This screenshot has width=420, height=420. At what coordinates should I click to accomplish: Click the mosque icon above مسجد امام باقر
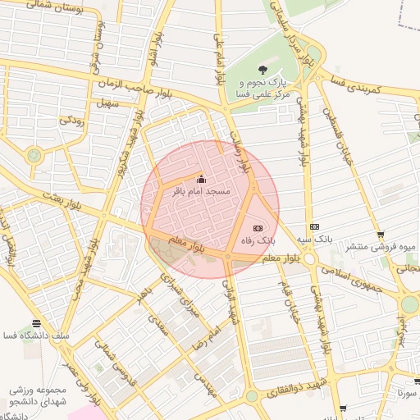pos(202,180)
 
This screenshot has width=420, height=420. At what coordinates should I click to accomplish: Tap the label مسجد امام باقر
pos(202,191)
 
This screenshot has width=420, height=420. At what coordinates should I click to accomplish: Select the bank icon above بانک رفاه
pos(257,228)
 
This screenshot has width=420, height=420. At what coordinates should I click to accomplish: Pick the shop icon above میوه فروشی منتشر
pos(381,235)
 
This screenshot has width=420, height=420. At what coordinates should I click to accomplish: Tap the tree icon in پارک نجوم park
pos(262,70)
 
